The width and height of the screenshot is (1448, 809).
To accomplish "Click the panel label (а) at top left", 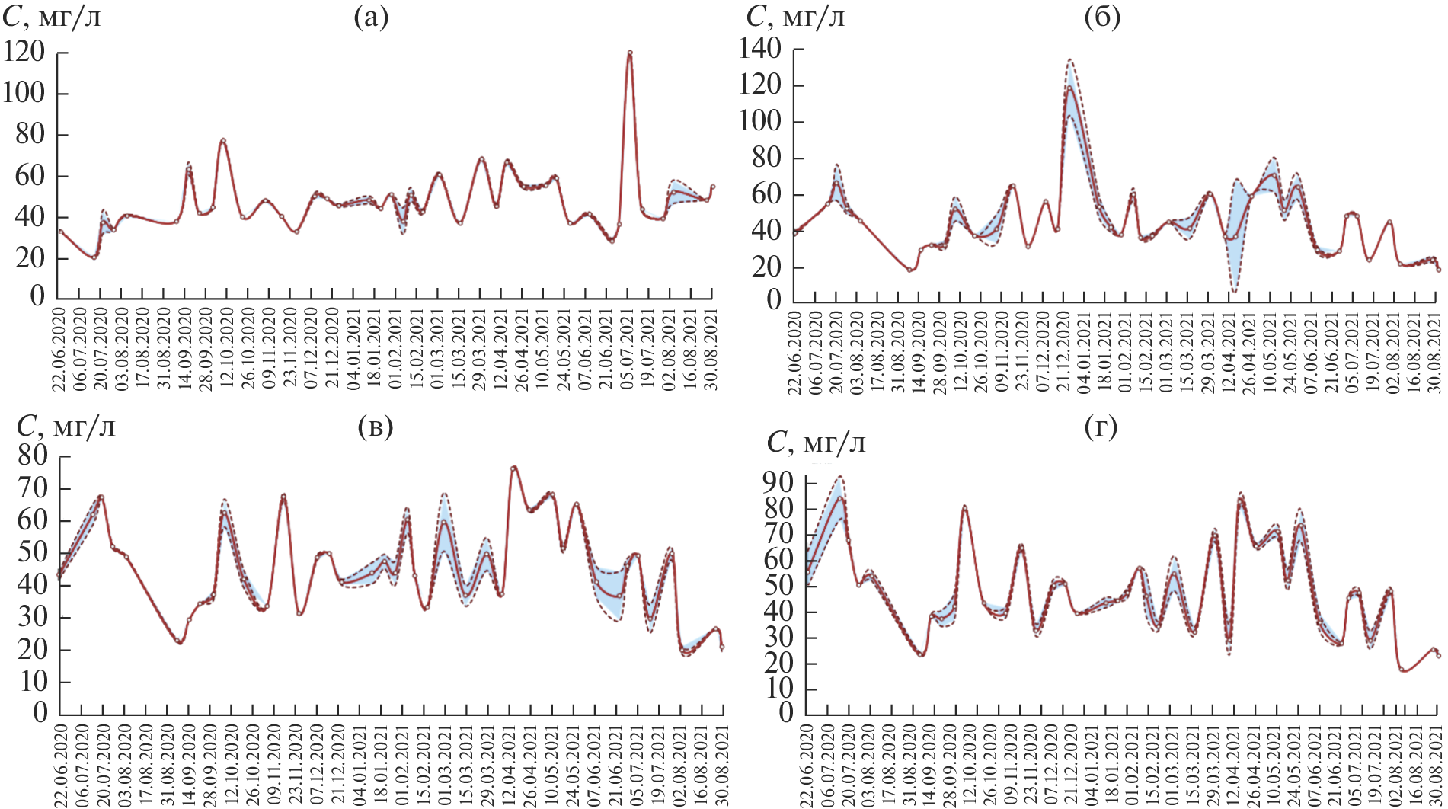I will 371,18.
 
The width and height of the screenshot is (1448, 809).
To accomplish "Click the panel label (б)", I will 1101,18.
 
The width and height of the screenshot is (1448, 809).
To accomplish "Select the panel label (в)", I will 375,428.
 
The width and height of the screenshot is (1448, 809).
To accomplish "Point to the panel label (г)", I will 1101,428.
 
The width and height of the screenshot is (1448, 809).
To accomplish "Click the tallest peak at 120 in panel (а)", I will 630,53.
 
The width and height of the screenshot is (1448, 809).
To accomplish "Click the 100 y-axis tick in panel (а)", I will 24,94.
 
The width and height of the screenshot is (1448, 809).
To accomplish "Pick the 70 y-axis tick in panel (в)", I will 33,488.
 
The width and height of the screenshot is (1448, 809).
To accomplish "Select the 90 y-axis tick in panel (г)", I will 778,482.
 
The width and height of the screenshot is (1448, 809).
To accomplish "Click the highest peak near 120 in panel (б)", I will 1069,87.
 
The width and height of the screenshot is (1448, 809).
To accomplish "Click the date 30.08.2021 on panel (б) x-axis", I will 1434,351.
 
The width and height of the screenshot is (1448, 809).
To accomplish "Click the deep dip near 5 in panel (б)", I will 1234,291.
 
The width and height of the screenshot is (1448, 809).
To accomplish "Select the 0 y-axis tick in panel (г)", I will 785,714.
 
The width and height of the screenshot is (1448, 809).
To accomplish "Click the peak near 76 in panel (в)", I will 514,467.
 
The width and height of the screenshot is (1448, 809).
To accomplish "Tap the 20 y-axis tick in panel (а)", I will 31,258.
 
